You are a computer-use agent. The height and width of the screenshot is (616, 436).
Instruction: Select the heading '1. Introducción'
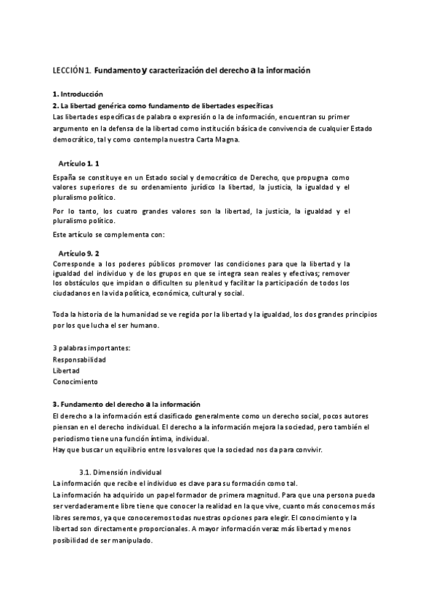(x=78, y=94)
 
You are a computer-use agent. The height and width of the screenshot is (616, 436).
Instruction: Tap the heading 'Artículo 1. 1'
(x=79, y=163)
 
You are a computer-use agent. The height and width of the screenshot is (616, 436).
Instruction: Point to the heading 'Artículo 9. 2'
(x=79, y=253)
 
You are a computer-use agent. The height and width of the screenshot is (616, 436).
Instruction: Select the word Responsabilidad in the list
(x=79, y=360)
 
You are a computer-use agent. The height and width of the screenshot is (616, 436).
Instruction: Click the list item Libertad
(x=66, y=370)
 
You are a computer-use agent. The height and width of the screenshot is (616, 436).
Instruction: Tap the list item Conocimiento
(x=75, y=381)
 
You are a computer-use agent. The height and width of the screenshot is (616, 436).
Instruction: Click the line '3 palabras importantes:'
(x=92, y=349)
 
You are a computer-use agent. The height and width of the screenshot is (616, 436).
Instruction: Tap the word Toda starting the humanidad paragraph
(x=62, y=315)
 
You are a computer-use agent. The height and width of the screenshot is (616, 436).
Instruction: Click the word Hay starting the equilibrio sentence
(x=59, y=450)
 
